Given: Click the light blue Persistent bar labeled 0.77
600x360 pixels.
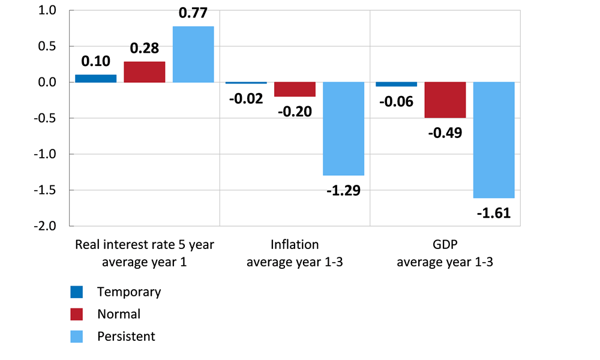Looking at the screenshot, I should pos(193,54).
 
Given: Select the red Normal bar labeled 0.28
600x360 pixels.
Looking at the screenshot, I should pos(145,72).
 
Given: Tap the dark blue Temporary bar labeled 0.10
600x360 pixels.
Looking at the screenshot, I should pos(95,79).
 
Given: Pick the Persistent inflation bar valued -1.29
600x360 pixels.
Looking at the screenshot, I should pos(343,128).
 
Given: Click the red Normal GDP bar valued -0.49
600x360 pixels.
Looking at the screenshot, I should pos(445,100).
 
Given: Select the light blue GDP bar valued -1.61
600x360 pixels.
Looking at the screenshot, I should pos(494,140).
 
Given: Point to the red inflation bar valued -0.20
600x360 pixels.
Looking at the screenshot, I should pos(295,89).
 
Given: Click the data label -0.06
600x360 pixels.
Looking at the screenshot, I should pos(396,101).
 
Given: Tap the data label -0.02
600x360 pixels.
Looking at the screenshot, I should pos(246,98).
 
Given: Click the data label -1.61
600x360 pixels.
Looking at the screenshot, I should pos(494,212).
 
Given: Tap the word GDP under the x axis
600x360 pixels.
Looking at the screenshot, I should pos(445,245).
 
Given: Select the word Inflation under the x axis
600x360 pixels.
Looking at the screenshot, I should pos(295,245).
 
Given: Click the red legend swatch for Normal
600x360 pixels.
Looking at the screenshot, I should pos(77,314).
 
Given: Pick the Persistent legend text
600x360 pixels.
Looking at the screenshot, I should pos(126,336).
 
